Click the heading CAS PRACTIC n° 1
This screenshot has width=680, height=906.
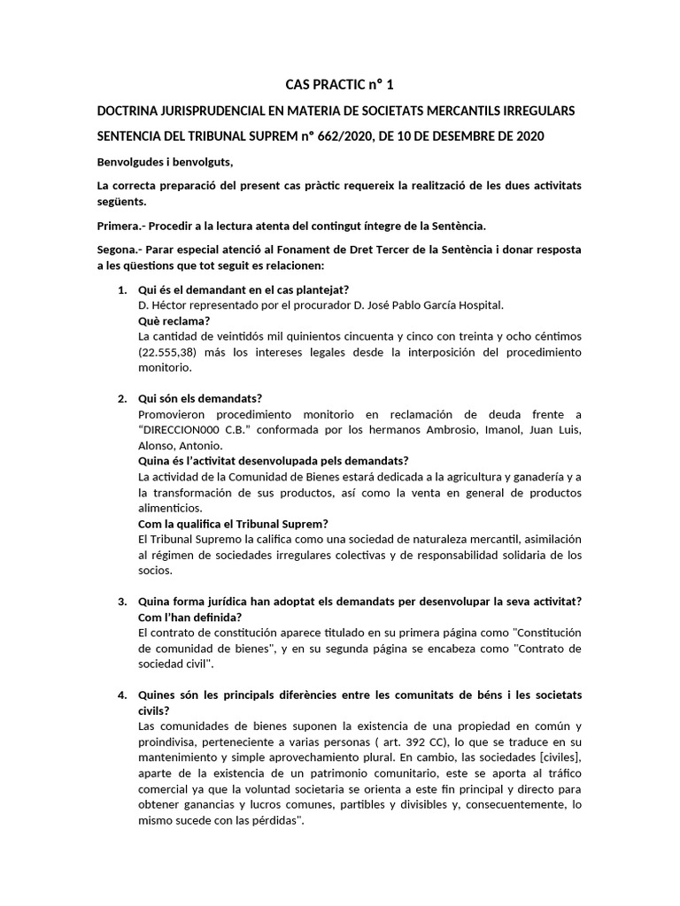(338, 85)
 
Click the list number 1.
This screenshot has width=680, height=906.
(122, 290)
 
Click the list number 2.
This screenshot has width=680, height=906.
(122, 398)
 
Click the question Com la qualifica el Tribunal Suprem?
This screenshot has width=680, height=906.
(234, 524)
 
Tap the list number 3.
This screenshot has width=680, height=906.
(122, 602)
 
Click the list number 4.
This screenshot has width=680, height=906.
(122, 695)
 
